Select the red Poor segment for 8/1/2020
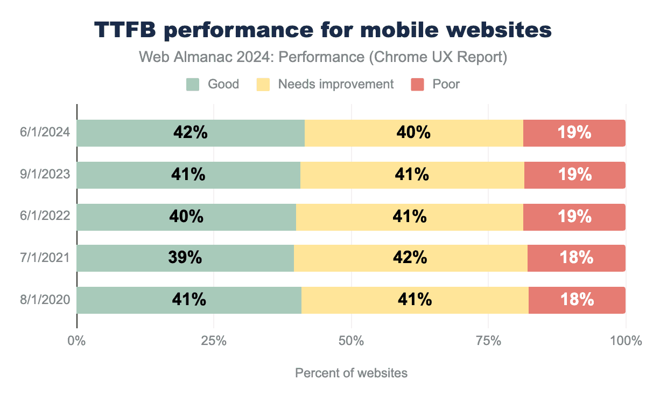coord(577,300)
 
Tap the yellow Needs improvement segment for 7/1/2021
coord(410,258)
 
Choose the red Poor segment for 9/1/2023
coord(574,175)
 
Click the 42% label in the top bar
coord(191,133)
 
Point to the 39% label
coord(185,258)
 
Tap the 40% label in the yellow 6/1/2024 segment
coord(413,133)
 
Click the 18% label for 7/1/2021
coord(576,258)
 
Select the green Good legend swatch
coord(193,84)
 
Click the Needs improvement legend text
coord(335,84)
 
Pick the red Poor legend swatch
coord(418,84)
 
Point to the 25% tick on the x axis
coord(214,341)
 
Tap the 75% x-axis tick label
coord(488,341)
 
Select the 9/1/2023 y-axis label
coord(46,175)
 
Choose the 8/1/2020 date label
coord(46,300)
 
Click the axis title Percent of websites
coord(351,373)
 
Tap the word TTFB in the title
coord(125,30)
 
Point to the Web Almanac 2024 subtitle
coord(323,57)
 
